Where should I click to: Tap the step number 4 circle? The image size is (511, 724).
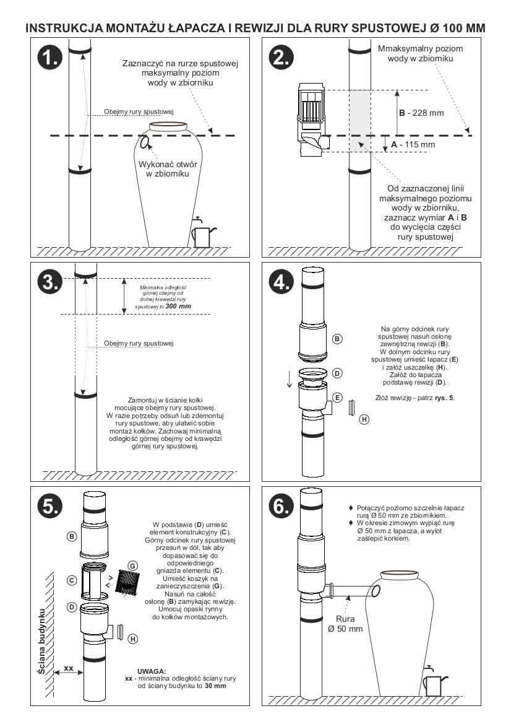(281, 281)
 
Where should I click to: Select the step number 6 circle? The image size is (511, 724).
(281, 506)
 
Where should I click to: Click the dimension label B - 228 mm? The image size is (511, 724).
(421, 113)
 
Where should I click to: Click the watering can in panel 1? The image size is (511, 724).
(202, 234)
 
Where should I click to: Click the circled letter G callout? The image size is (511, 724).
(132, 565)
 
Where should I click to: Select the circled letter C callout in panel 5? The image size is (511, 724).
(72, 580)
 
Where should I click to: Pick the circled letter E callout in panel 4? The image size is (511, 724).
(337, 398)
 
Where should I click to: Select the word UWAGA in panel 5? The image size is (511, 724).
(152, 671)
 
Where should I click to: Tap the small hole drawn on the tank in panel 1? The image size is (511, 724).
(144, 143)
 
